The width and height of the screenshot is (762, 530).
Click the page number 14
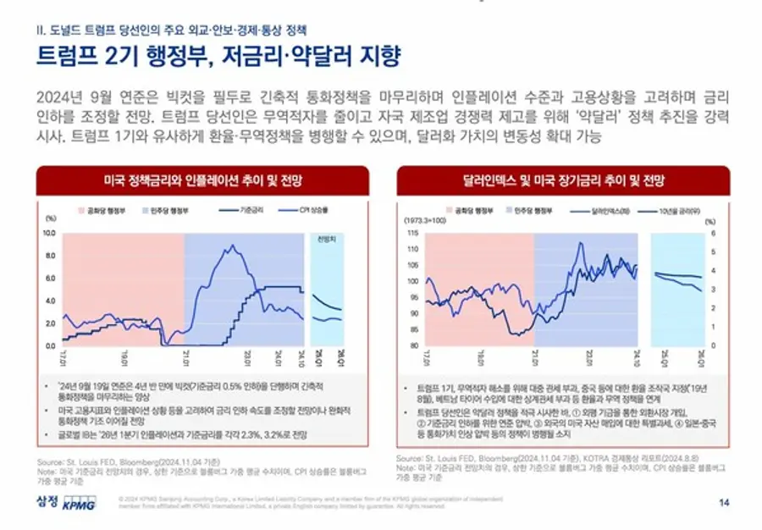coord(723,501)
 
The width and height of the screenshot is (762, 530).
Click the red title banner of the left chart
coord(202,181)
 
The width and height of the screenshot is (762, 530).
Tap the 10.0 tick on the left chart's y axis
coord(48,232)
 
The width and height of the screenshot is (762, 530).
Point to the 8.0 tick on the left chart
coord(48,255)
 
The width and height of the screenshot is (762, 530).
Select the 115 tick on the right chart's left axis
coord(413,233)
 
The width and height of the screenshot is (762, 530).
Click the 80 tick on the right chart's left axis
coord(413,345)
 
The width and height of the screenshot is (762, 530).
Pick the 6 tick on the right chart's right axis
coord(714,233)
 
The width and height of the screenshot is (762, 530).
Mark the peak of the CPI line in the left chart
coord(229,246)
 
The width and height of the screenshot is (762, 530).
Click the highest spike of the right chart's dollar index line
coord(580,245)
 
